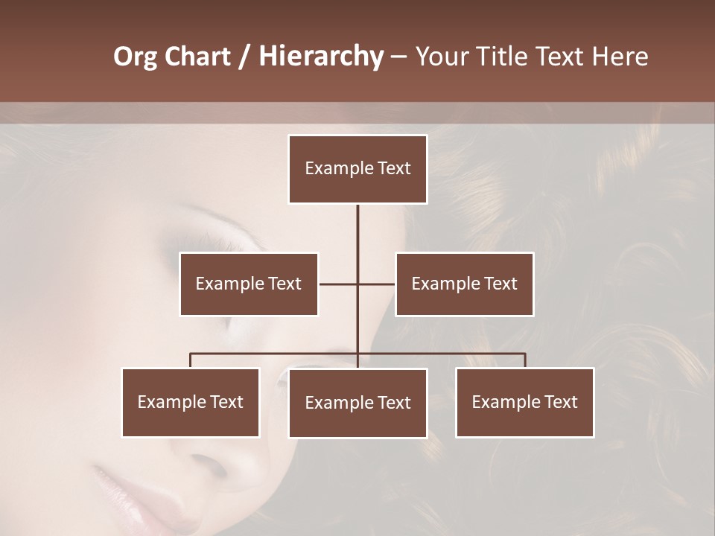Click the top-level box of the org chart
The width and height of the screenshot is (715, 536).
(x=357, y=169)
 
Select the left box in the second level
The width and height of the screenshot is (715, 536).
(x=249, y=284)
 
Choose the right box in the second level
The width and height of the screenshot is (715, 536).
(x=464, y=284)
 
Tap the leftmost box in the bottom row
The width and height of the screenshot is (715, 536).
(x=191, y=402)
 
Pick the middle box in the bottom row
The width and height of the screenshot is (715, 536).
(x=357, y=403)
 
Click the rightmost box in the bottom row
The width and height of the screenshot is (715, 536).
(x=524, y=402)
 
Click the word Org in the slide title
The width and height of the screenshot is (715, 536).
(x=135, y=57)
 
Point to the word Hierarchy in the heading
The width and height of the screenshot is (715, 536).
(x=320, y=57)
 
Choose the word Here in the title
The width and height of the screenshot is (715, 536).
(x=620, y=57)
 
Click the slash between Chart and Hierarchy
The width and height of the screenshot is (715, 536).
(x=246, y=57)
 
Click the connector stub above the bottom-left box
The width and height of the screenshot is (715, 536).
(x=191, y=360)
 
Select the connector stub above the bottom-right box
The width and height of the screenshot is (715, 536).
(x=525, y=360)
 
